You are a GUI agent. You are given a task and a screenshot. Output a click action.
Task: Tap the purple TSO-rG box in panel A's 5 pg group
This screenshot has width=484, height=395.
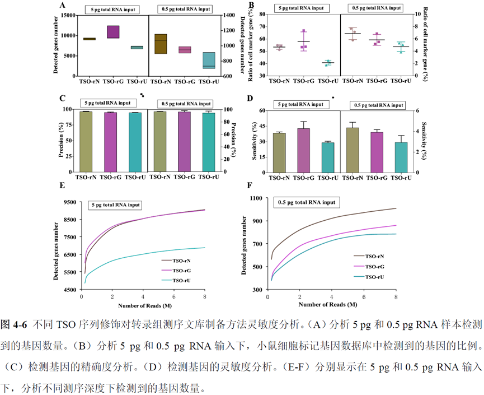(114, 32)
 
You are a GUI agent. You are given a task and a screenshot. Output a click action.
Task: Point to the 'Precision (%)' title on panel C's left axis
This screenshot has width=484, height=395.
(61, 140)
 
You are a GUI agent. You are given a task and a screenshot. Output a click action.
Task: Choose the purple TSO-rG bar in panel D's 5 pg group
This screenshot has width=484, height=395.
(303, 149)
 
